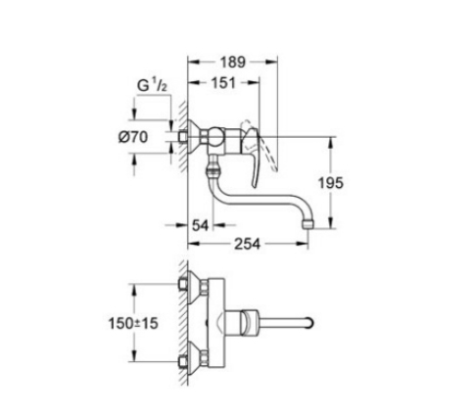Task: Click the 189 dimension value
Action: point(232,62)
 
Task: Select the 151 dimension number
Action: point(223,83)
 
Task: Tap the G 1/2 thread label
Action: point(152,86)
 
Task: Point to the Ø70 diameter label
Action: point(133,137)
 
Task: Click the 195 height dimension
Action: point(331,183)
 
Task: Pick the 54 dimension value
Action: point(200,225)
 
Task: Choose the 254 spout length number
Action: point(248,244)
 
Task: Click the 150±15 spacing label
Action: point(133,323)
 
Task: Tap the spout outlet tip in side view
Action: point(307,224)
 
